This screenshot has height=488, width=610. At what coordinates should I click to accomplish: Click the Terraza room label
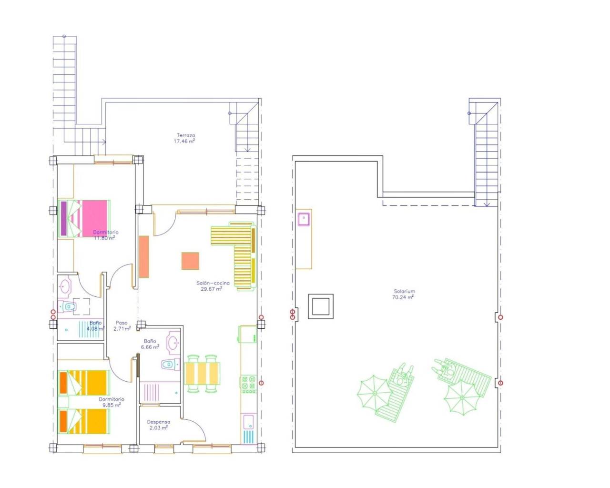[186, 135]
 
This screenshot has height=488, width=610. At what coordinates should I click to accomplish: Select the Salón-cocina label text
[213, 283]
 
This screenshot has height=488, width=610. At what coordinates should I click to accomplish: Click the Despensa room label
[158, 422]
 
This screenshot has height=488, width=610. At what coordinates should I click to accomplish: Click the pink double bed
[85, 218]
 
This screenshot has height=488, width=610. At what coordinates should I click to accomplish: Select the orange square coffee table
[190, 261]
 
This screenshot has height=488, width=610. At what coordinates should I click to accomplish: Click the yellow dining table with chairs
[203, 373]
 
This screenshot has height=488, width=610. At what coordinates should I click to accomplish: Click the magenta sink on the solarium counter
[304, 219]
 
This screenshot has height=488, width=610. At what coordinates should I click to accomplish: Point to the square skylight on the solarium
[321, 306]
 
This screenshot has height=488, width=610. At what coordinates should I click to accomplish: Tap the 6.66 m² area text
[150, 347]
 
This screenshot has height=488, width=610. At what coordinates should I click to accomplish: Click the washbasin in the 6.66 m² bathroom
[173, 342]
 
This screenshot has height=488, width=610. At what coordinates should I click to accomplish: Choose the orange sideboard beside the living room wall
[144, 257]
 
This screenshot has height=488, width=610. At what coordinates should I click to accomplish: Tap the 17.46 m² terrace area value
[186, 142]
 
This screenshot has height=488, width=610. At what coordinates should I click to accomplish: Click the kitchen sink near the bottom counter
[248, 421]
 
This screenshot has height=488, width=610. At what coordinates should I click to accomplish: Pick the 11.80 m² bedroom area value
[104, 238]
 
